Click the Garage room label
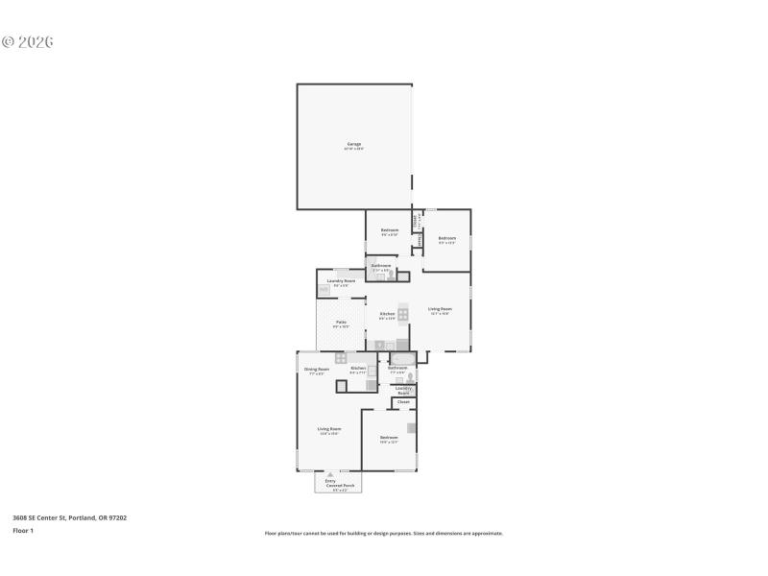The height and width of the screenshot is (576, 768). coord(354,144)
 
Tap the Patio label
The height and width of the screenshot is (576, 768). coord(341,323)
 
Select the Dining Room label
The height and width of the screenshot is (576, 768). coord(317,370)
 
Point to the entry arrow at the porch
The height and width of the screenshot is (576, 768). coord(330,473)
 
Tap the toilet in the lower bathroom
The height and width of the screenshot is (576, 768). coord(410,377)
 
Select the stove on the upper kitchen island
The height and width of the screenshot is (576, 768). coord(403,314)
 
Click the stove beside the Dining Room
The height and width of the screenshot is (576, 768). coord(341,358)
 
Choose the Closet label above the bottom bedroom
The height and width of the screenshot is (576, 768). coord(403,401)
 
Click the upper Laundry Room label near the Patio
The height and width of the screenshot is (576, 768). coord(341,281)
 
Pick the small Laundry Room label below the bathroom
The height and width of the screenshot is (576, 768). coord(403,390)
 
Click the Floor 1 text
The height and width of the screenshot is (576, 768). coord(22,530)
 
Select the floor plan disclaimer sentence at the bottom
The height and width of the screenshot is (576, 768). coord(383,533)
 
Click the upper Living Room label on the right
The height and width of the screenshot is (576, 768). coord(440,309)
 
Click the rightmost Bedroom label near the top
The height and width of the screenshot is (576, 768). coord(446,239)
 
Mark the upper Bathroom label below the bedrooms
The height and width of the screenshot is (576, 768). coord(381,266)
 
